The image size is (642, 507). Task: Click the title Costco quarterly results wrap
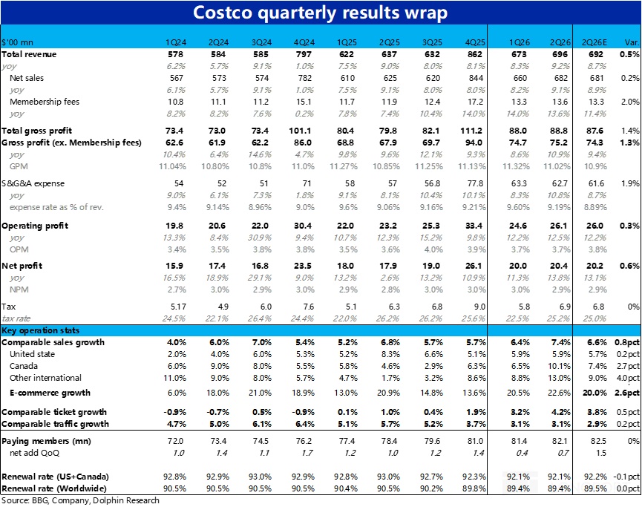tap(320, 13)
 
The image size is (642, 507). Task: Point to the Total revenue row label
tap(29, 55)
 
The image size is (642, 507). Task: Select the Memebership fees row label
tap(45, 101)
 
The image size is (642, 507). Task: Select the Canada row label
tap(24, 365)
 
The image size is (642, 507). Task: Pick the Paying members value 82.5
tap(592, 441)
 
